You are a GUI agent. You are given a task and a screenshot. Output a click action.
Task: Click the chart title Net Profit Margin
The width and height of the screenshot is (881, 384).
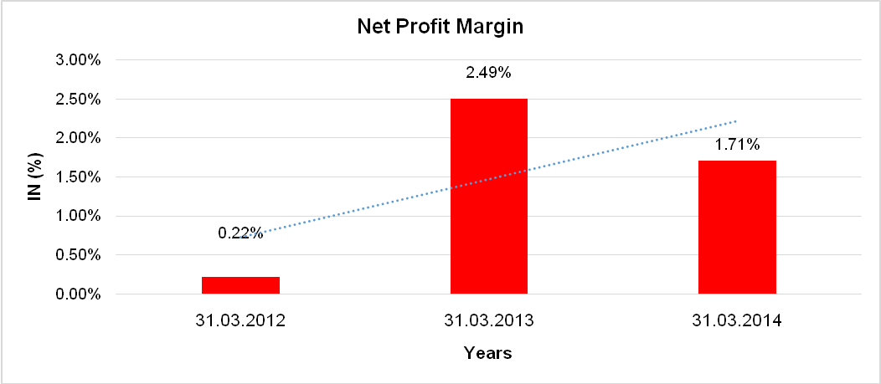(x=440, y=27)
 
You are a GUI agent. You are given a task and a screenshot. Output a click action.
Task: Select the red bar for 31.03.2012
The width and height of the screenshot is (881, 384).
(x=240, y=285)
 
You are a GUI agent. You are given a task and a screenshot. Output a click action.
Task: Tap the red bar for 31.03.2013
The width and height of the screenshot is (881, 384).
(x=489, y=196)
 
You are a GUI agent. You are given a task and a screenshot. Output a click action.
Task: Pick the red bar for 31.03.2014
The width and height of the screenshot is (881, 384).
(x=737, y=227)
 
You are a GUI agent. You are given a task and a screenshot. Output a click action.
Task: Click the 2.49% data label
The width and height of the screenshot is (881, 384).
(x=488, y=73)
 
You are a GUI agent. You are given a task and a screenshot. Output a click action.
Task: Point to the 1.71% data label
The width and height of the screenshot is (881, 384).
(x=737, y=146)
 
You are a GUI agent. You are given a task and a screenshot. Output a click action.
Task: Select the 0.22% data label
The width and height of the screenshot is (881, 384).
(x=240, y=233)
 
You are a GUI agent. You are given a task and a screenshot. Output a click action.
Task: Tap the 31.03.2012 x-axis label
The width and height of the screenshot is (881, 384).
(x=240, y=320)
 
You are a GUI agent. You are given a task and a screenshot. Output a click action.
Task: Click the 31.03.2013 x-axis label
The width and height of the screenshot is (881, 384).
(x=489, y=320)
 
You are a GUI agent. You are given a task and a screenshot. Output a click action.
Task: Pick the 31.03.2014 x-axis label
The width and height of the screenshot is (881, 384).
(x=737, y=320)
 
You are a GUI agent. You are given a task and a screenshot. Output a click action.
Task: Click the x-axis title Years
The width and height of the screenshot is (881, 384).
(x=488, y=353)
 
